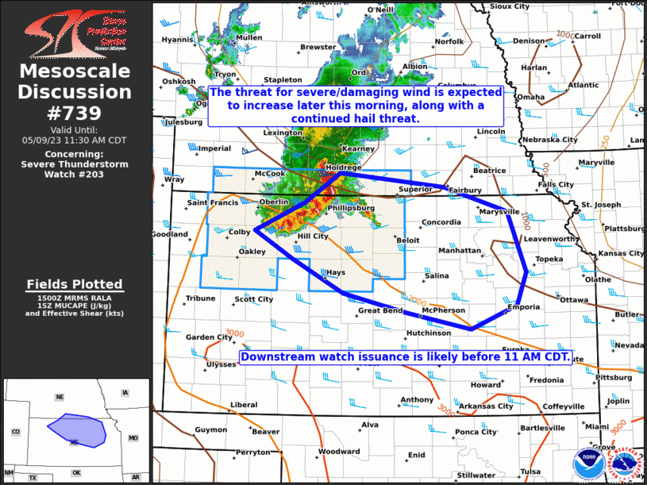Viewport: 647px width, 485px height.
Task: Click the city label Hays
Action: tap(336, 272)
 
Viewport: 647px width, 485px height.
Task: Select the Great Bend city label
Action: tap(380, 311)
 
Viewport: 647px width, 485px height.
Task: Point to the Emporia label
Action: tap(523, 307)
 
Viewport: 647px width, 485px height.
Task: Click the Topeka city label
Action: tap(549, 260)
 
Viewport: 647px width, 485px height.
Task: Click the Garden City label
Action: tap(209, 337)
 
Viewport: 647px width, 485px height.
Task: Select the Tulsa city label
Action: tap(530, 472)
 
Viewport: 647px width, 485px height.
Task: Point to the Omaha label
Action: tap(531, 97)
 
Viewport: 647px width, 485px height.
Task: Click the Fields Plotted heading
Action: tap(75, 284)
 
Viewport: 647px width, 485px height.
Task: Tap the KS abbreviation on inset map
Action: tap(75, 441)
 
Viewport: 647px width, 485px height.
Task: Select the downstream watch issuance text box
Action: tap(405, 356)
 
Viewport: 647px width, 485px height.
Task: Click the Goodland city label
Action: tap(169, 235)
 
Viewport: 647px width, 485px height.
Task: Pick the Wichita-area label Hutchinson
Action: tap(428, 333)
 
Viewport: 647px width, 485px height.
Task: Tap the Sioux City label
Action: tap(509, 6)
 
